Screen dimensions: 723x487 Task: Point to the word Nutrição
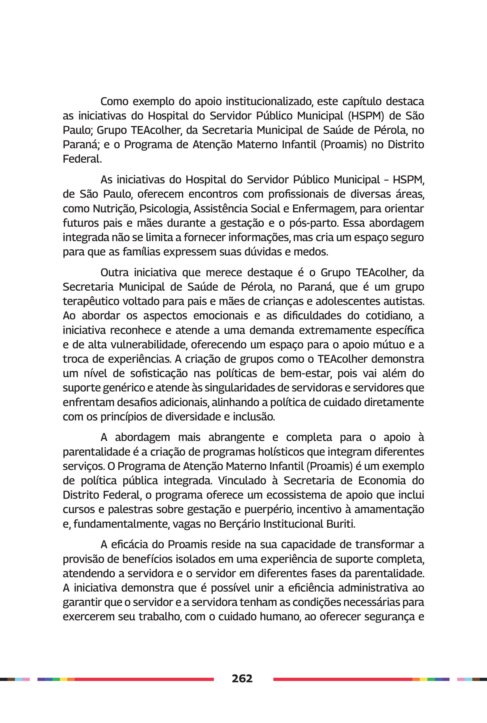coord(114,208)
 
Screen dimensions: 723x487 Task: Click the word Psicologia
coord(164,208)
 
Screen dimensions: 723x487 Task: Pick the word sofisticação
coord(159,373)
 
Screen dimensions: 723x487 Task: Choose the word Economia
coord(382,481)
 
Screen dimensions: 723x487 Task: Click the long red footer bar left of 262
coord(144,679)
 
